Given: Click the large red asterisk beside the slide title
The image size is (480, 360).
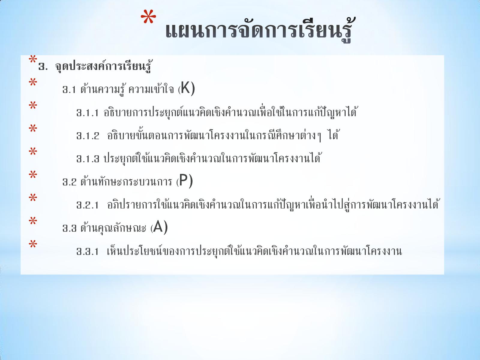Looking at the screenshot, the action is tap(148, 17).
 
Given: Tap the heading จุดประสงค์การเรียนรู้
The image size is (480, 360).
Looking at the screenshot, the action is tap(103, 66).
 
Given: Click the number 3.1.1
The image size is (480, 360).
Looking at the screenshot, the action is tap(88, 113).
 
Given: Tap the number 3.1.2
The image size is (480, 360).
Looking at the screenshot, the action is tap(88, 136).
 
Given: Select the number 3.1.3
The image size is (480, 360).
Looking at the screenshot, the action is tap(88, 159).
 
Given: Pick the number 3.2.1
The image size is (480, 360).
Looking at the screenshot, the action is tap(88, 205).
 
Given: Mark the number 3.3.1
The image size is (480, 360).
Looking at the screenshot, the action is tap(88, 251).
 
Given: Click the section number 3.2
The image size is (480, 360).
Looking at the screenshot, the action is tap(70, 182).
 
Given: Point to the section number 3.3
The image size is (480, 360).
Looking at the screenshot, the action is tap(70, 228).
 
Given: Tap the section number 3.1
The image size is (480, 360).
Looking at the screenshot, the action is tap(69, 90).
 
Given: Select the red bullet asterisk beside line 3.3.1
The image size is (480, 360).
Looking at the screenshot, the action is tap(33, 244).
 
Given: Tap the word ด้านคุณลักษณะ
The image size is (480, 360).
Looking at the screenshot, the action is tap(113, 228).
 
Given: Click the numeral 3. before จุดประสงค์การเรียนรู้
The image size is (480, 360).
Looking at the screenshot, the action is tap(43, 67).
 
